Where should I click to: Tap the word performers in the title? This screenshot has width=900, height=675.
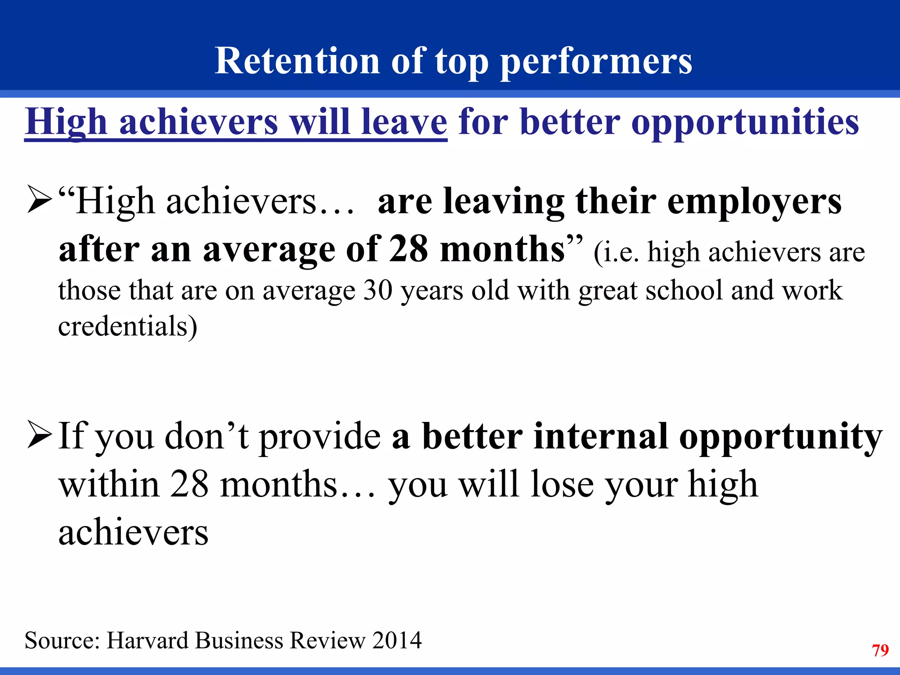point(596,62)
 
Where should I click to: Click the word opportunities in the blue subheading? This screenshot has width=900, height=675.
point(745,123)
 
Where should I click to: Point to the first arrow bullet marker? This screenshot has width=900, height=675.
point(40,200)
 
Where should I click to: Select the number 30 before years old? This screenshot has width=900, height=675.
point(378,291)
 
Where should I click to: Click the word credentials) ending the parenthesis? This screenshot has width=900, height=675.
point(127,327)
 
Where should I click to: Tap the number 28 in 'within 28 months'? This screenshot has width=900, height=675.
point(189,484)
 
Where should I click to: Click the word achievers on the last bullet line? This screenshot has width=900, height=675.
point(133,533)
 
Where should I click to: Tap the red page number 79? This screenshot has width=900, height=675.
point(880,650)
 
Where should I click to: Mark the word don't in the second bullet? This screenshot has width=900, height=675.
point(207,436)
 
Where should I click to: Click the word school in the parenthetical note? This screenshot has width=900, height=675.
point(684,291)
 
